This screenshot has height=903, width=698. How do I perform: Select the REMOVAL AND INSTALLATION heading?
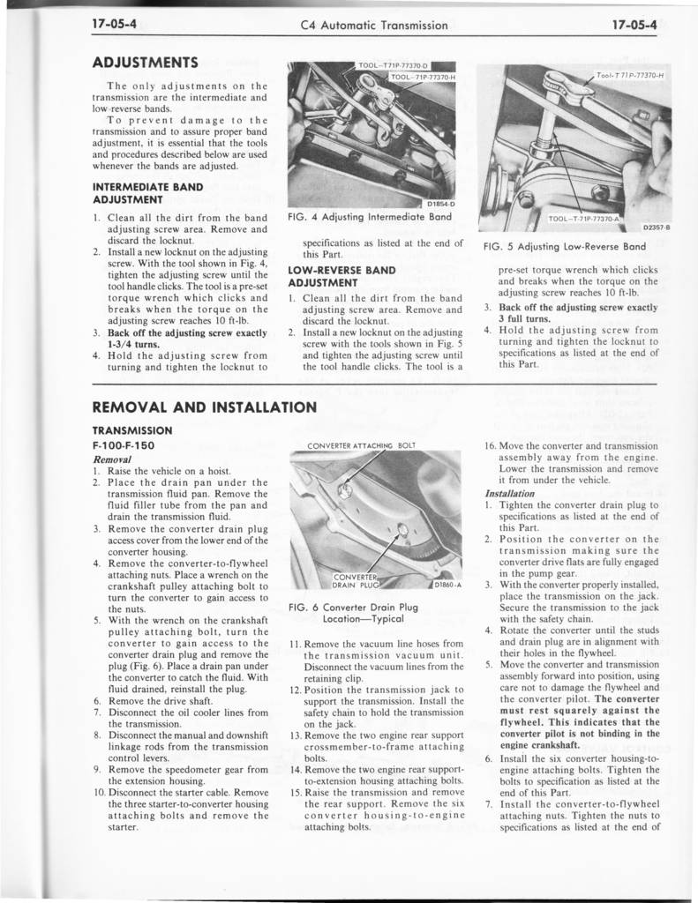tap(204, 407)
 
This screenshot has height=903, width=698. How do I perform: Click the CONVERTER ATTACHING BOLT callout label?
tap(359, 444)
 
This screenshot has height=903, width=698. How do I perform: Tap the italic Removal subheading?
tap(112, 459)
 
